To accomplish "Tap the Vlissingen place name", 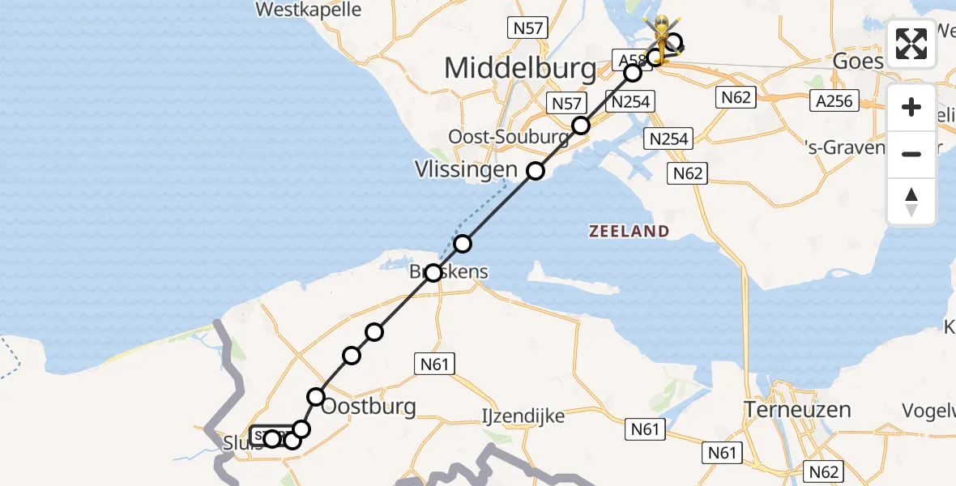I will [x=465, y=170].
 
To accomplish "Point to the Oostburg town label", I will [x=369, y=407].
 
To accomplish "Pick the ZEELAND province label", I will [x=629, y=232].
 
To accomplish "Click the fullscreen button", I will [x=911, y=44].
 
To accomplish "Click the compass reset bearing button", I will [x=911, y=202].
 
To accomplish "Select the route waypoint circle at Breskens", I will [x=433, y=273].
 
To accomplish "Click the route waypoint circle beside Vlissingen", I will [x=536, y=171].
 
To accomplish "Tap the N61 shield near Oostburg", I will [x=435, y=364].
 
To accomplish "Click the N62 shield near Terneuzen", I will [x=823, y=471].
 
